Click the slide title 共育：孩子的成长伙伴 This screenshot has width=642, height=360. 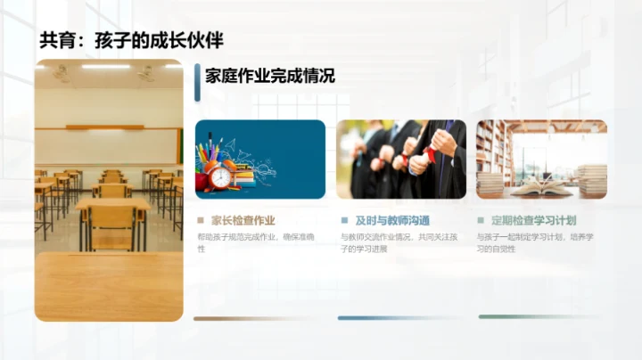pyautogui.click(x=131, y=40)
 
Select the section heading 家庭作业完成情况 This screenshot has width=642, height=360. pyautogui.click(x=269, y=76)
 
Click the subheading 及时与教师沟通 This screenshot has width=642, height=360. pyautogui.click(x=392, y=220)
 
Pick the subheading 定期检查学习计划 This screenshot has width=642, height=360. pyautogui.click(x=536, y=220)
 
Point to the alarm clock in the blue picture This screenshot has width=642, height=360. pyautogui.click(x=219, y=176)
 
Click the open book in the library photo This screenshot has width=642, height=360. pyautogui.click(x=541, y=187)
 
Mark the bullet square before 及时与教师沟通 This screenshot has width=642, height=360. pyautogui.click(x=344, y=220)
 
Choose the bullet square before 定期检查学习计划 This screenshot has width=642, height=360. pyautogui.click(x=481, y=220)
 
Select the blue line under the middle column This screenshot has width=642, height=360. pyautogui.click(x=400, y=317)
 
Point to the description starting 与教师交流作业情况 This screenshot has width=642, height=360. pyautogui.click(x=400, y=242)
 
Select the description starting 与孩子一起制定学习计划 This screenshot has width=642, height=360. pyautogui.click(x=541, y=242)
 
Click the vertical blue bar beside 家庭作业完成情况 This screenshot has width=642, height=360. pyautogui.click(x=195, y=76)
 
